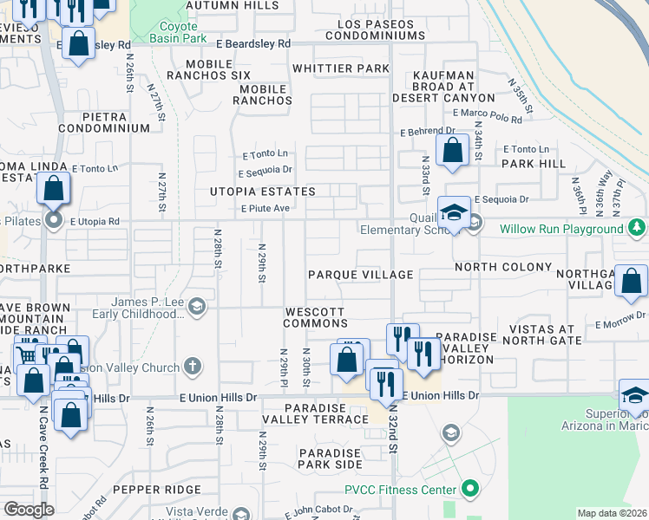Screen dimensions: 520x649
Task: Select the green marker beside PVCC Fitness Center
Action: pyautogui.click(x=470, y=490)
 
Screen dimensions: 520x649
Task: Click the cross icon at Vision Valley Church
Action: pyautogui.click(x=192, y=367)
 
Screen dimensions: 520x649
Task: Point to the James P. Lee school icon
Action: pyautogui.click(x=197, y=305)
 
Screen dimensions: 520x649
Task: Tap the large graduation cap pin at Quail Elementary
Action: pyautogui.click(x=453, y=213)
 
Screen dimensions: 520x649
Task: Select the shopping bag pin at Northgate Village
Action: pyautogui.click(x=631, y=281)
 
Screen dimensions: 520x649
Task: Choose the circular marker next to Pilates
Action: pyautogui.click(x=54, y=220)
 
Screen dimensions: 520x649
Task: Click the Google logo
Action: pyautogui.click(x=29, y=510)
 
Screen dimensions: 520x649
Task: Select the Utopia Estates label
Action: pyautogui.click(x=262, y=191)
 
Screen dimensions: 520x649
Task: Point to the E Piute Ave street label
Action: pyautogui.click(x=265, y=208)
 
